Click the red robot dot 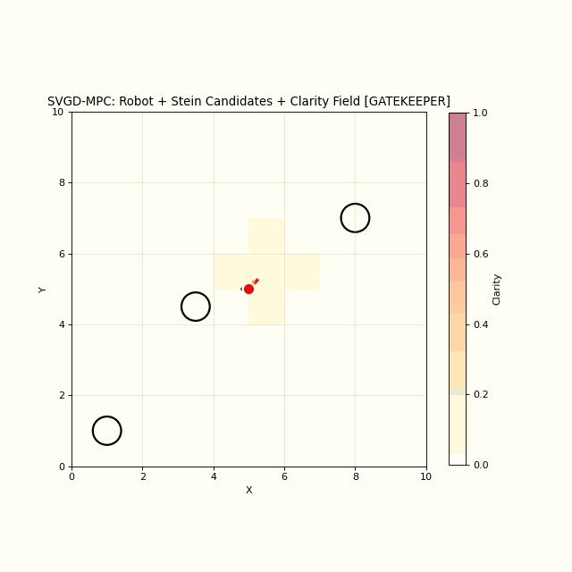click(x=248, y=289)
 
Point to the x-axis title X click(x=248, y=490)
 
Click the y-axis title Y click(x=43, y=289)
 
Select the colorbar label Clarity click(x=497, y=289)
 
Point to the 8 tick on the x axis click(x=355, y=476)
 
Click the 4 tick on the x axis click(x=214, y=476)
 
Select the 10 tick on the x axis click(x=425, y=476)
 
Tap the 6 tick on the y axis click(x=61, y=254)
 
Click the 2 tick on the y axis click(x=61, y=395)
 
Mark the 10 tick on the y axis click(x=58, y=112)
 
